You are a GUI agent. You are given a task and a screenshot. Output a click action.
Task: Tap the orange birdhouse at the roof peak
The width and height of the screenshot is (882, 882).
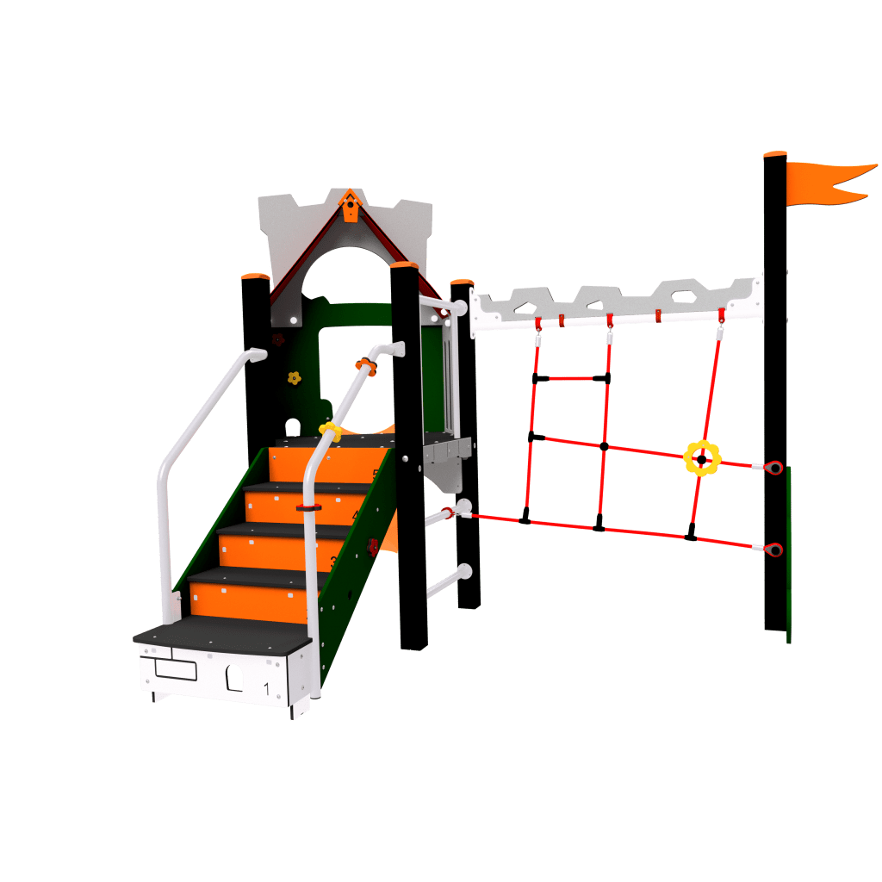[x=350, y=207]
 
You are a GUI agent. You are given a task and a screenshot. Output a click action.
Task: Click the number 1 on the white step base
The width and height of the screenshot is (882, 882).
[x=268, y=687]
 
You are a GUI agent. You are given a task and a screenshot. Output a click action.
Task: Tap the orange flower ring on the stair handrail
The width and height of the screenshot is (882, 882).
[x=366, y=367]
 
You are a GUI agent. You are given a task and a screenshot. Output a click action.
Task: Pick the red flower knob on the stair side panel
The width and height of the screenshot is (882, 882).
[x=372, y=546]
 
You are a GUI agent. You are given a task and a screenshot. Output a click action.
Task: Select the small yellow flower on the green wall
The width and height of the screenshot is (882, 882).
[x=294, y=377]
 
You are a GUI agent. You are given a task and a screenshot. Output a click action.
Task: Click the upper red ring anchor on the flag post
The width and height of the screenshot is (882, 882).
[x=774, y=468]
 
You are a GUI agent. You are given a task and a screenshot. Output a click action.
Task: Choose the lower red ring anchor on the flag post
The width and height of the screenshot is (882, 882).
[x=774, y=549]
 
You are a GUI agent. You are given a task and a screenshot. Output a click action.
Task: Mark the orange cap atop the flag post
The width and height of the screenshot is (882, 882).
[x=775, y=154]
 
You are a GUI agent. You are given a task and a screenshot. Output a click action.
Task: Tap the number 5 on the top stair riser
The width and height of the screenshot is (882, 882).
[x=376, y=474]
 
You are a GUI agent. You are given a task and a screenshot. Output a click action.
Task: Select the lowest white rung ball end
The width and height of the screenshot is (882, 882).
[x=466, y=570]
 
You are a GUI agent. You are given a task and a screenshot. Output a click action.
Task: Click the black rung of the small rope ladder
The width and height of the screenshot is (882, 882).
[x=571, y=377]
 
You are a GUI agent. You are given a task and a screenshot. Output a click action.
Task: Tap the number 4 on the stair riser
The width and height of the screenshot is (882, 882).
[x=356, y=516]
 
